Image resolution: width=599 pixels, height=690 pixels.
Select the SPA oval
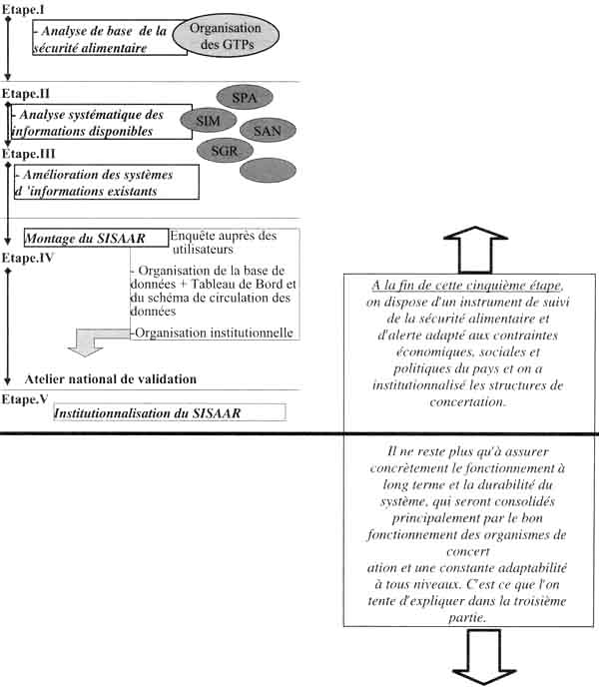coord(243,98)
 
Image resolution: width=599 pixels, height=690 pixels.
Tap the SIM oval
coord(207,121)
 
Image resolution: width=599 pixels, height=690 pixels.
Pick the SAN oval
coord(267,129)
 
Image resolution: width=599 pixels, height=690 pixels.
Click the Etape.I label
coord(23,8)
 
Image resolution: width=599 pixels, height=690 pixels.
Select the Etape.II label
coord(25,92)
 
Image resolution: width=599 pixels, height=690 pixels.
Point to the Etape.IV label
coord(26,257)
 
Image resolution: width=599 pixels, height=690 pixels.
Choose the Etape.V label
coord(24,398)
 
